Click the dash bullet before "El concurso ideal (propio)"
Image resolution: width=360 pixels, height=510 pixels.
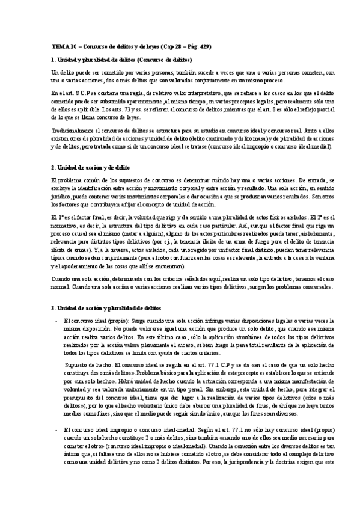[56, 321]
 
